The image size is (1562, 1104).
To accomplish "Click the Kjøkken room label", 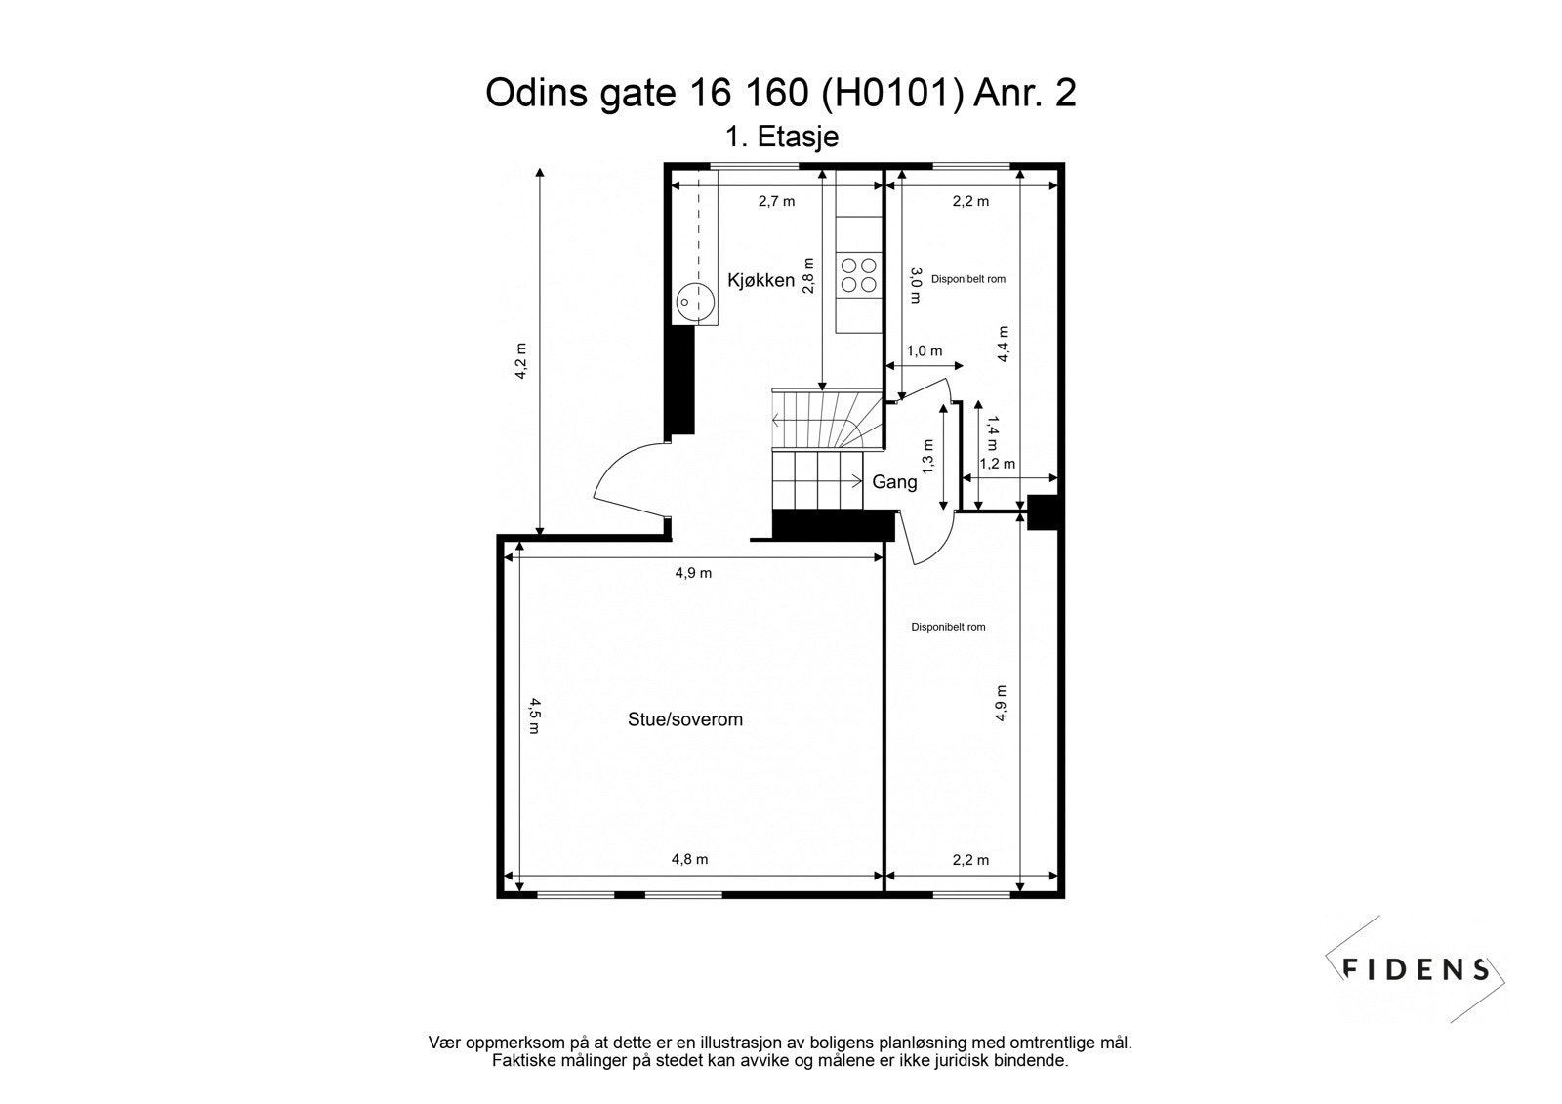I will click(760, 281).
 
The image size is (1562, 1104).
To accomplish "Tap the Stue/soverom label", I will click(684, 720).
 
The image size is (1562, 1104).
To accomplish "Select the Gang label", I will click(894, 482).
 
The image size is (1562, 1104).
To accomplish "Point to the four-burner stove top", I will click(858, 274).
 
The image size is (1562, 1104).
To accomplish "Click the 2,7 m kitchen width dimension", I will click(776, 202).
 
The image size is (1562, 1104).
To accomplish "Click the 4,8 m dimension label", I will click(689, 860).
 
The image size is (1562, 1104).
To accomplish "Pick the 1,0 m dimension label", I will click(925, 351).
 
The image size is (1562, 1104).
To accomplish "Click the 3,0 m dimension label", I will click(915, 285).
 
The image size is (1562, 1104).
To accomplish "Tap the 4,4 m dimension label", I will click(1003, 344).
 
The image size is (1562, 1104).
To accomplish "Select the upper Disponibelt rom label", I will click(968, 279).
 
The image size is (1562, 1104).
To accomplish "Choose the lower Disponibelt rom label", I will click(948, 627).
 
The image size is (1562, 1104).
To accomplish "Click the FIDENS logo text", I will click(1416, 969).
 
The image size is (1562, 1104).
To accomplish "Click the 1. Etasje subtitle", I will click(781, 137).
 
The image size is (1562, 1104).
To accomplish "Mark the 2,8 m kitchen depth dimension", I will click(807, 276).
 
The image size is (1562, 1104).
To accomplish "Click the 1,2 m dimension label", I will click(997, 464).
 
